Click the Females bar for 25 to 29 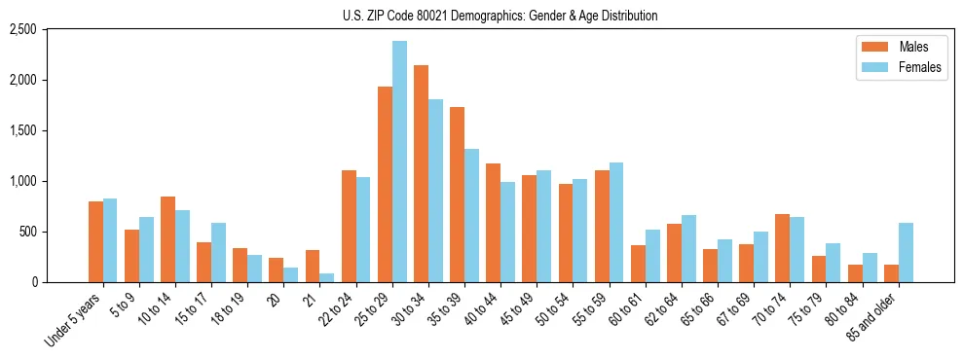[x=399, y=162]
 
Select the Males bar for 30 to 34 [x=421, y=174]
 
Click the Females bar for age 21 [x=326, y=278]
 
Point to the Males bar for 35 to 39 [x=457, y=195]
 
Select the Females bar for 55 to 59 [x=616, y=223]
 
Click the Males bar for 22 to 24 [x=349, y=227]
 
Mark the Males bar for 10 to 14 [x=167, y=239]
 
